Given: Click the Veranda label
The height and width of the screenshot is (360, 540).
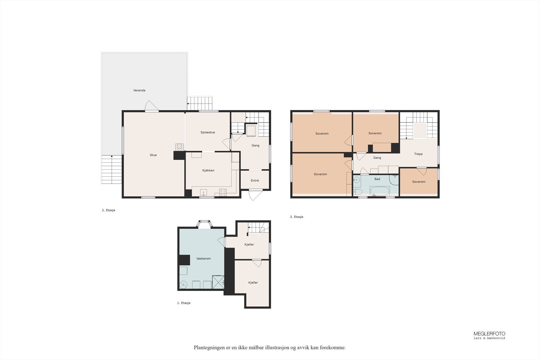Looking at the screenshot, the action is [x=139, y=90].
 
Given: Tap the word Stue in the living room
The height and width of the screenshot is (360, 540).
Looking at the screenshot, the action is [x=153, y=155].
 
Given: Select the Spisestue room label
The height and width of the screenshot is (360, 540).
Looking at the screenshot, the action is [x=208, y=132].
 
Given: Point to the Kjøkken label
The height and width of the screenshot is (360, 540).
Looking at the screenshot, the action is [x=208, y=170].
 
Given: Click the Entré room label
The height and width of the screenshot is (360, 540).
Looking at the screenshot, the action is [x=255, y=181].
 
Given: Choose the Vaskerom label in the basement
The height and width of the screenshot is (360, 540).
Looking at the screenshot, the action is [x=204, y=258].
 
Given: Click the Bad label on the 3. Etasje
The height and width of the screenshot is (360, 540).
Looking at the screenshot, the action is [x=377, y=179].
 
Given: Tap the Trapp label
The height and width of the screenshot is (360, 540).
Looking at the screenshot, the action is [x=418, y=154].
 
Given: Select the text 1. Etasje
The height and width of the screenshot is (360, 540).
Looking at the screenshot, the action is [x=184, y=303].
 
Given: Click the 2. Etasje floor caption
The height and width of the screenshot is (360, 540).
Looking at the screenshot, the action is [x=108, y=210].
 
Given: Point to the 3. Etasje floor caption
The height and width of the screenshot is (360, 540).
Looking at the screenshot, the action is [x=297, y=217].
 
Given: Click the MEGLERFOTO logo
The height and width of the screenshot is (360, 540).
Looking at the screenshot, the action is [x=489, y=335].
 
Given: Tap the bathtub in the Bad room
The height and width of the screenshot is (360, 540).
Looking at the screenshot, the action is [x=380, y=191].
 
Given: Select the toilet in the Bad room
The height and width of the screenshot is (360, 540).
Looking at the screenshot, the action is [x=358, y=192].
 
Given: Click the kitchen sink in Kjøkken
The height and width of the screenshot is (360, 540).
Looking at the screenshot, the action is [x=204, y=193].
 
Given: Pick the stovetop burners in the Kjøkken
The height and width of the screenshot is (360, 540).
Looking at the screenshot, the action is [x=223, y=192].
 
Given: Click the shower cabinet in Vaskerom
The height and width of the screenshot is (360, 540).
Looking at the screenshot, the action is [x=218, y=282].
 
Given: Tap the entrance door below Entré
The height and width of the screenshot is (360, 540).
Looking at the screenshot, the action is [x=255, y=195].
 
